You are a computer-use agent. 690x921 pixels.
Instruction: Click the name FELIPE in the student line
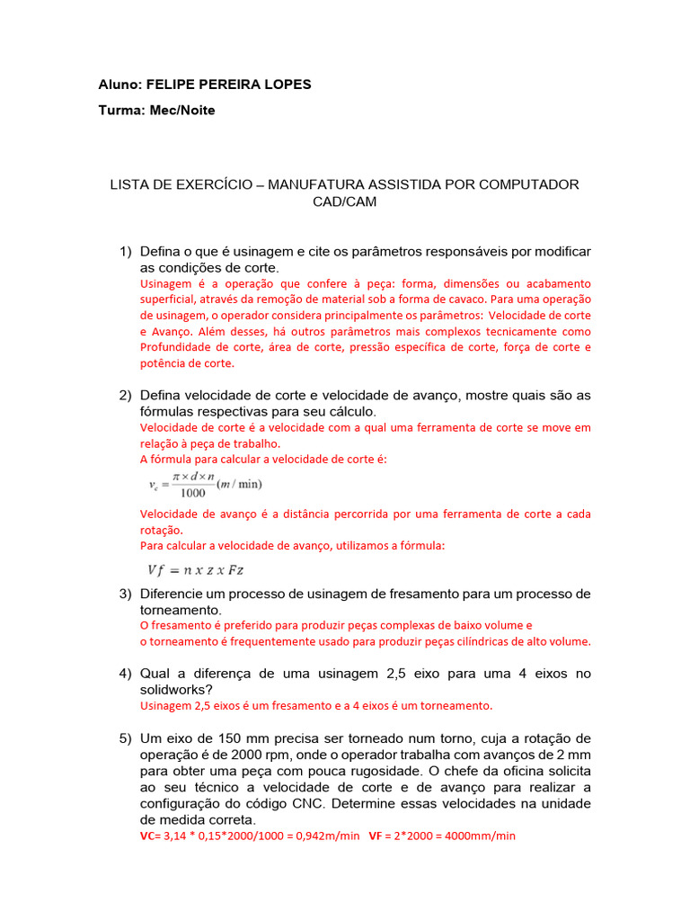[x=170, y=85]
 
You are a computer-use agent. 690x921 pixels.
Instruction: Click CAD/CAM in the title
[x=344, y=201]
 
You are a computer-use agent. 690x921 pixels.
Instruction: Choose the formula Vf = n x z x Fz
[x=196, y=568]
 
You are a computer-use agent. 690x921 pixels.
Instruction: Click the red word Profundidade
[x=178, y=348]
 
